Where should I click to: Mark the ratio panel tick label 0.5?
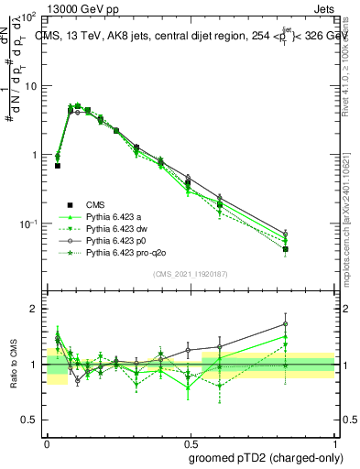pos(28,420)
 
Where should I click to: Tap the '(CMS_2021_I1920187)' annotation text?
pos(190,274)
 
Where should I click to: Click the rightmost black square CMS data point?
pos(286,249)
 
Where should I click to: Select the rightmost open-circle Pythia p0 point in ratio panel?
pos(286,323)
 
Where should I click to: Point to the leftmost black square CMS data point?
pos(58,166)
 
